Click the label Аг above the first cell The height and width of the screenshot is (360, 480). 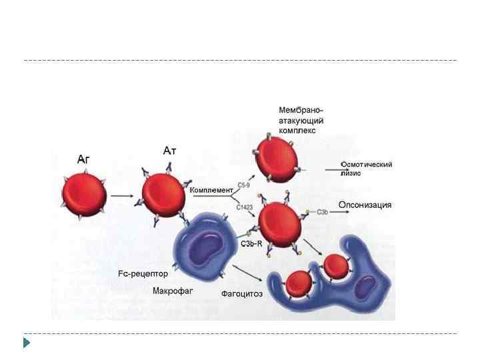pyautogui.click(x=83, y=159)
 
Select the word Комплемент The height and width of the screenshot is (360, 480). pyautogui.click(x=211, y=190)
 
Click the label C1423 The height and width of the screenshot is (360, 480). pyautogui.click(x=245, y=208)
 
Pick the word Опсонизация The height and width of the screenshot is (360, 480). pyautogui.click(x=365, y=205)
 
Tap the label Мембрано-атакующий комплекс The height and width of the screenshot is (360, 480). pyautogui.click(x=301, y=120)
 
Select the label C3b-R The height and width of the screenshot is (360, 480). pyautogui.click(x=251, y=244)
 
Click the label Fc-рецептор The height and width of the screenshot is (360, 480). pyautogui.click(x=143, y=273)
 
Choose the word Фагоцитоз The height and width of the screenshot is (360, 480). pyautogui.click(x=241, y=293)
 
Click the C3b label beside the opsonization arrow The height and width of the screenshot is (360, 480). pyautogui.click(x=322, y=212)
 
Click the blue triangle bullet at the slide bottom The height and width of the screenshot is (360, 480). pyautogui.click(x=27, y=343)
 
